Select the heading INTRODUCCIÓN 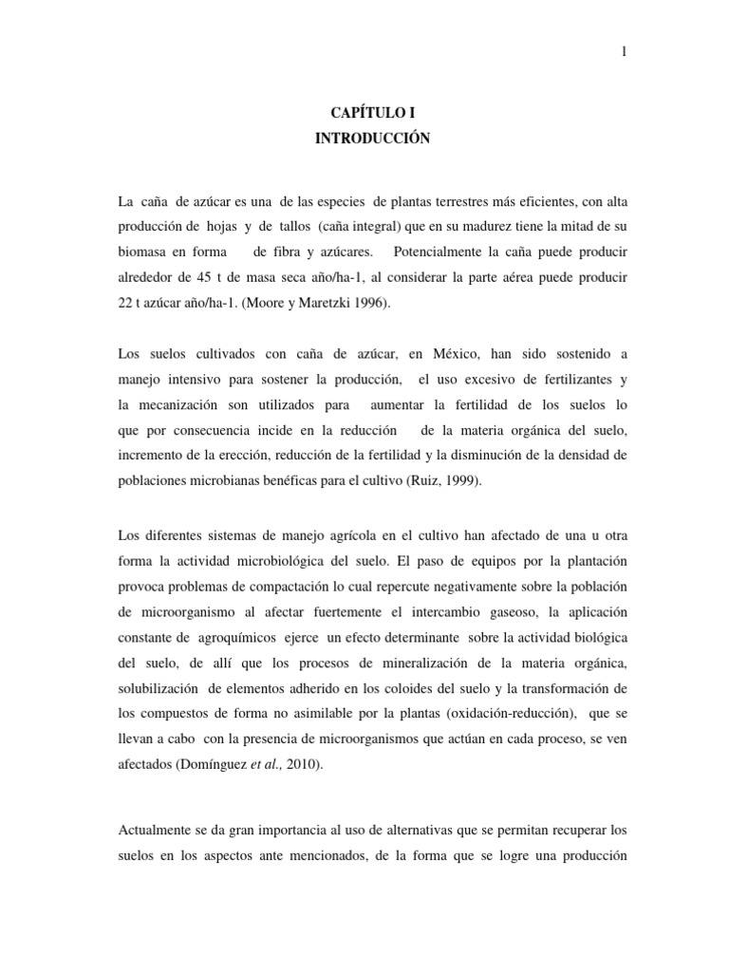point(372,140)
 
